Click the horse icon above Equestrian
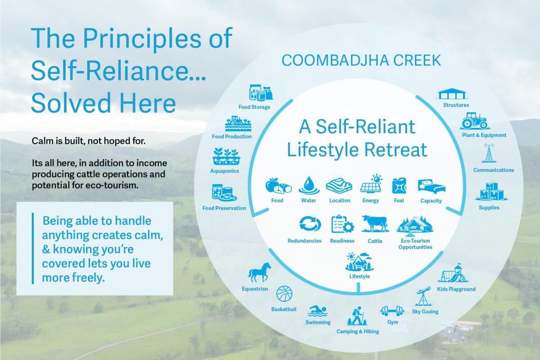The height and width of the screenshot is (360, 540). point(259,272)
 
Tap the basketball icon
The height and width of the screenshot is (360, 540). point(284,294)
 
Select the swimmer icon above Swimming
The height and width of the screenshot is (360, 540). point(318,311)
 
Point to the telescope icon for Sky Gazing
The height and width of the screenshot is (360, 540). point(423,296)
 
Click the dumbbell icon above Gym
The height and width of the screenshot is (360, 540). point(392,311)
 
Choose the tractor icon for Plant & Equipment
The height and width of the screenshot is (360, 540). point(474,121)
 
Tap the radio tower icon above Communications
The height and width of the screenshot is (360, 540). point(489,153)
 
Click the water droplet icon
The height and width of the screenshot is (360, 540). point(309,185)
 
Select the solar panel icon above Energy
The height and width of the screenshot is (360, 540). point(371,184)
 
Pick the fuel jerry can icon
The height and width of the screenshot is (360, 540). point(399,185)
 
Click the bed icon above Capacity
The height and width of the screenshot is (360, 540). point(431,186)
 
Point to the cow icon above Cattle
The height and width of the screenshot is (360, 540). point(375,224)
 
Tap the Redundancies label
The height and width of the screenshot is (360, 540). point(304,241)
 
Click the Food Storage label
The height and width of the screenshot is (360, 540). point(254,107)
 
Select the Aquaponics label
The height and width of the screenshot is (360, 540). point(225,171)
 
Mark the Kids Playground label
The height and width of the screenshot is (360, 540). point(456,289)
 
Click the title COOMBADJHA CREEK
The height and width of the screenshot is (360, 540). point(361,60)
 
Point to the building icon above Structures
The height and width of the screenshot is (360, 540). point(452,94)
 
